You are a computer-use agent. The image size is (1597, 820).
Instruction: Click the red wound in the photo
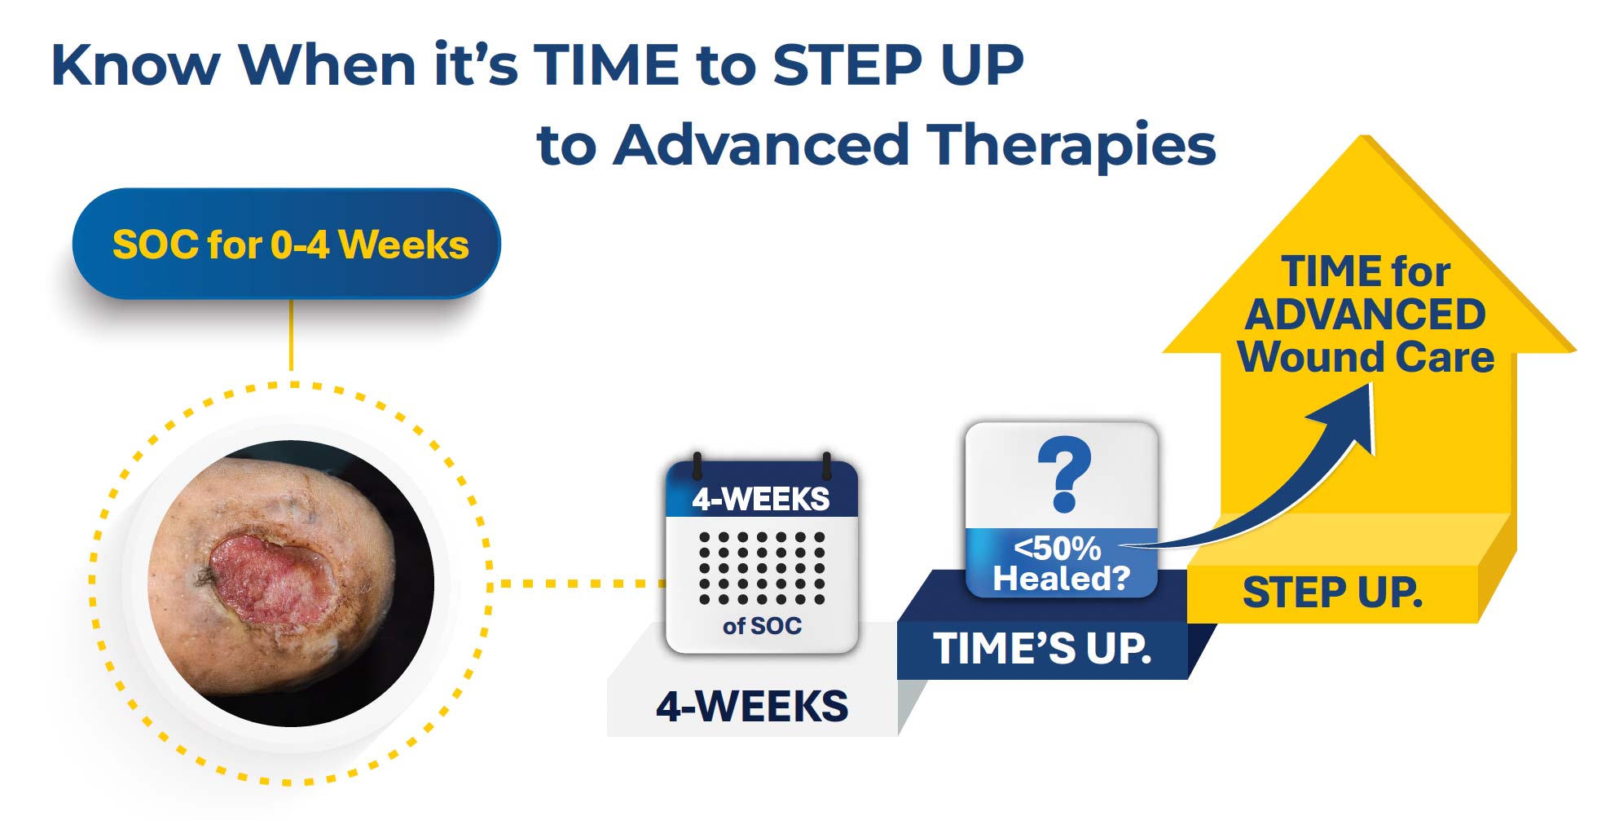pos(272,578)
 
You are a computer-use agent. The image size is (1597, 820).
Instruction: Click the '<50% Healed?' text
pos(1061,563)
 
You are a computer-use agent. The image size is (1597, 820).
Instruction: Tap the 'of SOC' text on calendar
pos(762,626)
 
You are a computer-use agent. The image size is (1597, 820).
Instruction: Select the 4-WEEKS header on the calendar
pos(761,499)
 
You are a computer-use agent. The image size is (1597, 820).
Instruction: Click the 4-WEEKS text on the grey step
pos(752,707)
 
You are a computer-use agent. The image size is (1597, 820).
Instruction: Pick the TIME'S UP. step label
pos(1042,649)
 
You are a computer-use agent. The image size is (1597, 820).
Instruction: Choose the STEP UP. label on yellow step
pos(1332,593)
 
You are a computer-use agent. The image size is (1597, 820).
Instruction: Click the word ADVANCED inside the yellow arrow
pos(1366,315)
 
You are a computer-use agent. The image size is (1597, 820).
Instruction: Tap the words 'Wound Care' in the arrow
pos(1366,357)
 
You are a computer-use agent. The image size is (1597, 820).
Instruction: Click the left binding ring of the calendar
pos(697,465)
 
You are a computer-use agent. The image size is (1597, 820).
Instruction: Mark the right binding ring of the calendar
pos(826,465)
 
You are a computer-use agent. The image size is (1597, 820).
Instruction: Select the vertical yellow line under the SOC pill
pos(291,334)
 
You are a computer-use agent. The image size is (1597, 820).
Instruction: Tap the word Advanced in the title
pos(760,145)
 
